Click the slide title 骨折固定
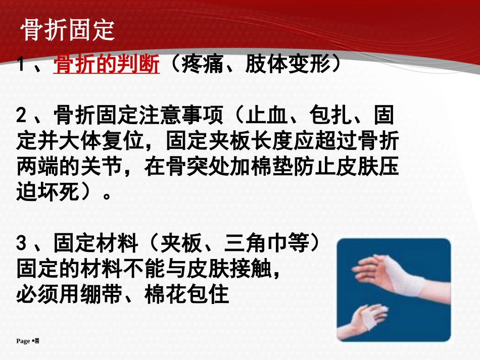point(68,31)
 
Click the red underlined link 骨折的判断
point(107,65)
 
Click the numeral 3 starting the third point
point(21,245)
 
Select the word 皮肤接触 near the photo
point(234,269)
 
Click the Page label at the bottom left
point(23,341)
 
